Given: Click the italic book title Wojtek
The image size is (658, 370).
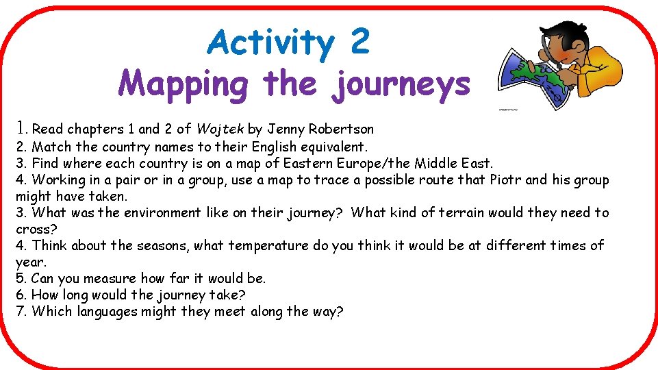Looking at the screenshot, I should (x=220, y=128).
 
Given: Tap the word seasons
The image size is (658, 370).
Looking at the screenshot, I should (x=158, y=245).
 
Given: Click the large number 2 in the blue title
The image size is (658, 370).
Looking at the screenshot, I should (x=359, y=42).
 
